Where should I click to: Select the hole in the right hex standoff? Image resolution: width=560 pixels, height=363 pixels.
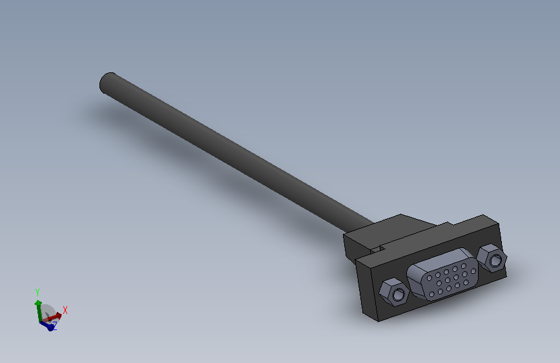tap(495, 260)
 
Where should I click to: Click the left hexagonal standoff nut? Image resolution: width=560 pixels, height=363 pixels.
tap(393, 292)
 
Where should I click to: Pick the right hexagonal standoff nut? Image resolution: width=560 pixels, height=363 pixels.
tap(492, 258)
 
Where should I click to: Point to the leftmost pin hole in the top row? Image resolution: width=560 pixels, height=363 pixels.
tap(430, 278)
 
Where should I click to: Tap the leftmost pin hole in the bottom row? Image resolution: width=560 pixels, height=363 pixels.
tap(431, 294)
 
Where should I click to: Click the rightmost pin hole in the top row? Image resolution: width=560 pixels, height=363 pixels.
tap(464, 266)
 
